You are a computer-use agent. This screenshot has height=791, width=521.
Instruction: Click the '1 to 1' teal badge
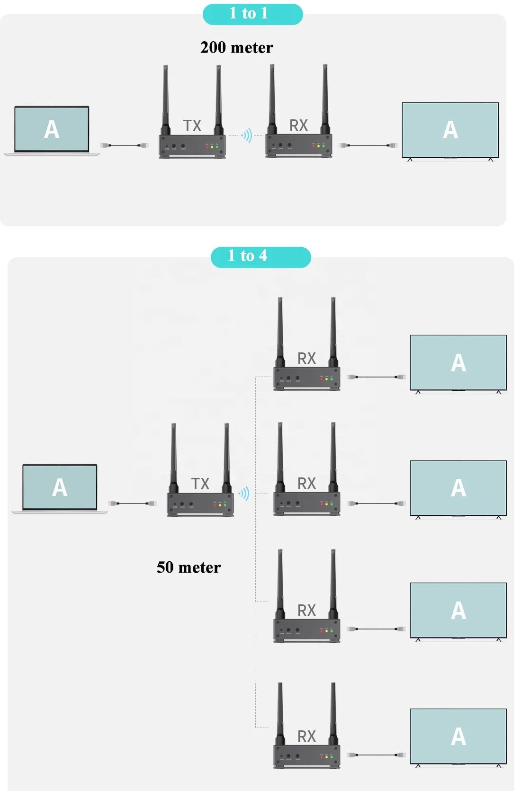pyautogui.click(x=252, y=14)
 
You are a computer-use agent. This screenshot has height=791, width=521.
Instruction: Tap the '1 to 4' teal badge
pyautogui.click(x=260, y=257)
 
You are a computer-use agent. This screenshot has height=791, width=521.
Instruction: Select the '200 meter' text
pyautogui.click(x=236, y=47)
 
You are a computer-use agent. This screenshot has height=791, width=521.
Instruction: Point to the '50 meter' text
pyautogui.click(x=189, y=567)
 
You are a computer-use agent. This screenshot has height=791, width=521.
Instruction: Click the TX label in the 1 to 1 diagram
pyautogui.click(x=192, y=126)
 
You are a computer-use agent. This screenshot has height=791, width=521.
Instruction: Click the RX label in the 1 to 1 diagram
pyautogui.click(x=298, y=126)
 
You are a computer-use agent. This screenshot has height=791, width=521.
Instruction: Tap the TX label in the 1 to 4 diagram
pyautogui.click(x=200, y=484)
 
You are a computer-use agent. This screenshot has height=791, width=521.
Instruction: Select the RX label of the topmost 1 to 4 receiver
pyautogui.click(x=306, y=359)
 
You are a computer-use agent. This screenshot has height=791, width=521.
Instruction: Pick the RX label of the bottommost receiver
pyautogui.click(x=306, y=737)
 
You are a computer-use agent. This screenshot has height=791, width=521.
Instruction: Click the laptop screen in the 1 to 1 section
pyautogui.click(x=52, y=129)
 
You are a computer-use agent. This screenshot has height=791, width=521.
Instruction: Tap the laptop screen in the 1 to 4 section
pyautogui.click(x=60, y=487)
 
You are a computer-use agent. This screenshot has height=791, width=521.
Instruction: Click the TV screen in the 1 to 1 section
pyautogui.click(x=450, y=130)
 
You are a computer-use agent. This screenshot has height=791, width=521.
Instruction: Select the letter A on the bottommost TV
pyautogui.click(x=458, y=737)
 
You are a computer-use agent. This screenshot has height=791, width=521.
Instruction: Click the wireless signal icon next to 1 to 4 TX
pyautogui.click(x=244, y=494)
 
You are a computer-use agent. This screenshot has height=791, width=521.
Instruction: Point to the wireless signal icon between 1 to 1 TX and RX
pyautogui.click(x=247, y=136)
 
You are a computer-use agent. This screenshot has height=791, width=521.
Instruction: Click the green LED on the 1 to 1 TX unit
pyautogui.click(x=217, y=147)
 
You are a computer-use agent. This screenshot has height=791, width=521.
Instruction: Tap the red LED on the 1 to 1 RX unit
pyautogui.click(x=314, y=146)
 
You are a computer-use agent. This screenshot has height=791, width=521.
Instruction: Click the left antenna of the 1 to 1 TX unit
pyautogui.click(x=166, y=97)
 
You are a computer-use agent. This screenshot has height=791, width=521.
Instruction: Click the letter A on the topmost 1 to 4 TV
pyautogui.click(x=458, y=363)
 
